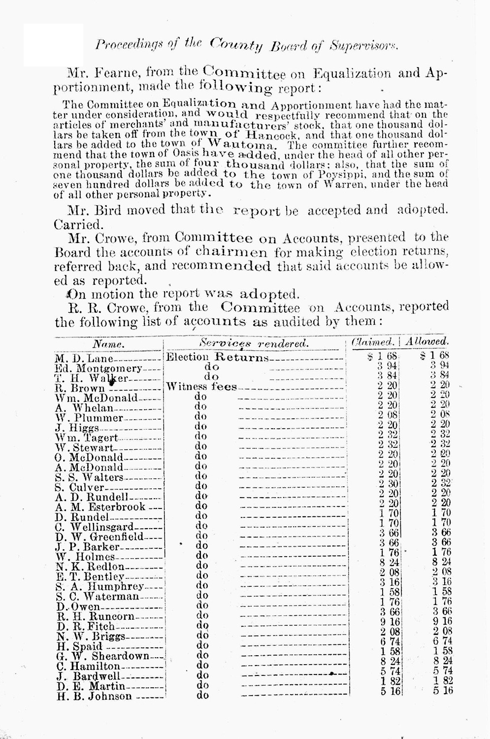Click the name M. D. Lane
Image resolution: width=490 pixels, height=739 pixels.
[x=84, y=359]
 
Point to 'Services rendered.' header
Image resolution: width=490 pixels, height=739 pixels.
[x=253, y=343]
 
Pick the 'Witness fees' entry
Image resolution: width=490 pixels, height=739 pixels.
[x=201, y=387]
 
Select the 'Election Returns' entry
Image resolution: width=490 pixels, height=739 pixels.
[x=217, y=357]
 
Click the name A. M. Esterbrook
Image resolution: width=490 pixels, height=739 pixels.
[x=101, y=507]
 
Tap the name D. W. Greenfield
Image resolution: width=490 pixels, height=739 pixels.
[x=99, y=537]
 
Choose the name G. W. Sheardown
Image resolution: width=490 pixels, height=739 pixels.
[x=102, y=656]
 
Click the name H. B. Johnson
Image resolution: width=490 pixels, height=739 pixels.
[x=94, y=696]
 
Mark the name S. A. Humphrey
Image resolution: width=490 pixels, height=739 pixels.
[x=99, y=586]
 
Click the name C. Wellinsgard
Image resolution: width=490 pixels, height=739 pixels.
[x=94, y=527]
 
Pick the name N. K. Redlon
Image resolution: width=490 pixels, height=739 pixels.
[x=90, y=567]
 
